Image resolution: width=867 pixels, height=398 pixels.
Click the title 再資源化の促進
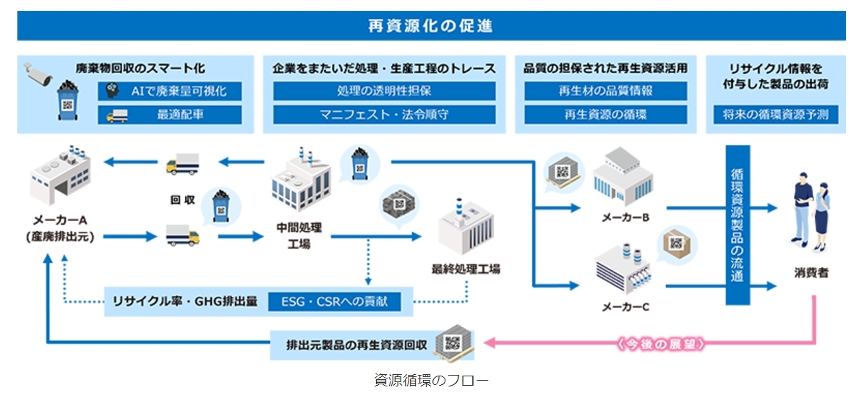tap(431, 26)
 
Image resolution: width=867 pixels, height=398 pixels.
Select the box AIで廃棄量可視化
tap(170, 91)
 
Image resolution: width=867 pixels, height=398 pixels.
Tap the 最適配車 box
tap(170, 114)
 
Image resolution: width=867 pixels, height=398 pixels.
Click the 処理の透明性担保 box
tap(384, 91)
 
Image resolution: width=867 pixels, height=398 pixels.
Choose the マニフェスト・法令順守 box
tap(384, 114)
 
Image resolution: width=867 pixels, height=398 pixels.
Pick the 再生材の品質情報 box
tap(606, 91)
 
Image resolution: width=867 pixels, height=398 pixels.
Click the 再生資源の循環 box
tap(606, 114)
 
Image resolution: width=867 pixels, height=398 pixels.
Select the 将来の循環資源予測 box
tap(775, 114)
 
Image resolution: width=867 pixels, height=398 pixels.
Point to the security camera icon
tap(38, 72)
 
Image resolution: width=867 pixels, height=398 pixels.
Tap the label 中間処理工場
tap(299, 235)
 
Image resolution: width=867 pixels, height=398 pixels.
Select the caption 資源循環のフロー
tap(431, 380)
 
